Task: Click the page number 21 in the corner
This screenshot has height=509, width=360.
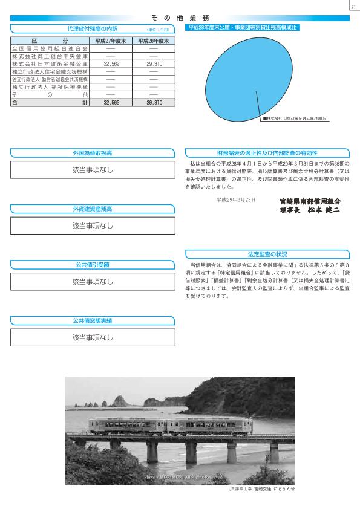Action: click(x=353, y=7)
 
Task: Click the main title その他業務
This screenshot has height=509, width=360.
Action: click(x=179, y=18)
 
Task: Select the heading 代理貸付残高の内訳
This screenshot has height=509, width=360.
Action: click(x=93, y=28)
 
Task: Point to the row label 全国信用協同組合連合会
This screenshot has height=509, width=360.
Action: click(x=50, y=47)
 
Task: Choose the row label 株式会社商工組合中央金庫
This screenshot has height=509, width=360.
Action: click(x=50, y=55)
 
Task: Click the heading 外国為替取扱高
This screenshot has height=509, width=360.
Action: click(x=93, y=153)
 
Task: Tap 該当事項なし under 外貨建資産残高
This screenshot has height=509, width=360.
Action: click(x=93, y=226)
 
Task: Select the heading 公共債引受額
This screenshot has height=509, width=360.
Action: click(x=93, y=265)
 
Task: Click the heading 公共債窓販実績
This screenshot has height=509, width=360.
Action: click(x=93, y=320)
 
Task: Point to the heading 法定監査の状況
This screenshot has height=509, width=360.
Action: click(x=267, y=254)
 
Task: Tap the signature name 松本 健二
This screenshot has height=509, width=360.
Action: click(x=322, y=209)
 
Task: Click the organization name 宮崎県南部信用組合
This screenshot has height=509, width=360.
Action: click(x=310, y=200)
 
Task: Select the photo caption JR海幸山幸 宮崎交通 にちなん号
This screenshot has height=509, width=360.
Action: click(x=261, y=488)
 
